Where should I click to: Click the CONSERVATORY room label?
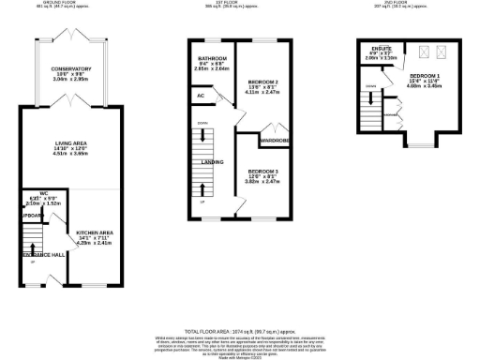(71, 69)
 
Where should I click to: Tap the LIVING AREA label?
(71, 143)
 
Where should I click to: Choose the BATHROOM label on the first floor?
(211, 57)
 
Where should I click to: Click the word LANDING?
(212, 161)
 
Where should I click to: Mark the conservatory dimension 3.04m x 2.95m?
(71, 81)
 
